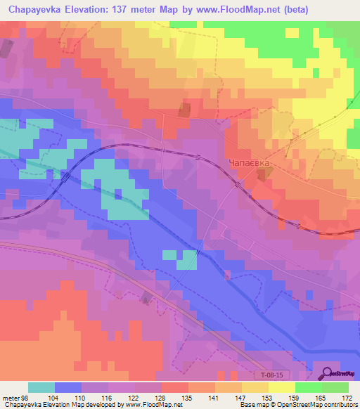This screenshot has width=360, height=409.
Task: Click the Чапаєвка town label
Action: (x=248, y=163)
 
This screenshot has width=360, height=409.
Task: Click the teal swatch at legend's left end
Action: (x=41, y=388)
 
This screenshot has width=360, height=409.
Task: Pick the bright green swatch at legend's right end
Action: (x=335, y=388)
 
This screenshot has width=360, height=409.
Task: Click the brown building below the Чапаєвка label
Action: (x=262, y=176)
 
